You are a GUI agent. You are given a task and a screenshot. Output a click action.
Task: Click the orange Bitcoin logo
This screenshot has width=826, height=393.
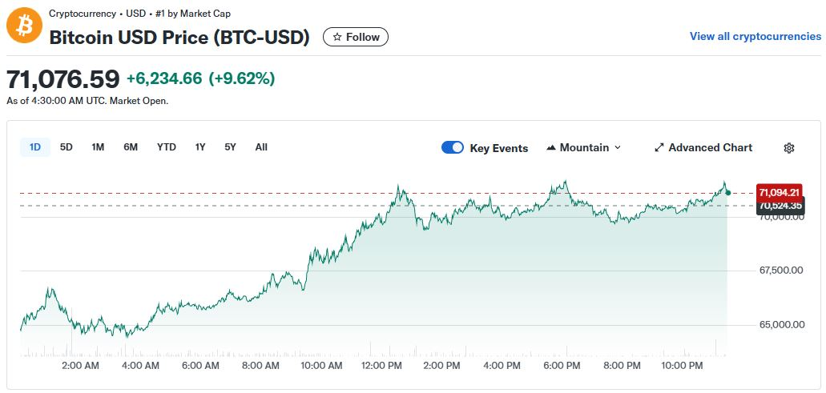pos(24,26)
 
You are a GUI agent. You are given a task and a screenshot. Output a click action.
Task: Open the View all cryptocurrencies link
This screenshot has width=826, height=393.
pos(755,36)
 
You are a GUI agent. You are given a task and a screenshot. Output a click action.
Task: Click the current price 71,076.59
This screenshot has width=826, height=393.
pos(63,78)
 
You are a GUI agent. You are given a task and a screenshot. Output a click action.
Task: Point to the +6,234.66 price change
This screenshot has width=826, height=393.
pos(164,78)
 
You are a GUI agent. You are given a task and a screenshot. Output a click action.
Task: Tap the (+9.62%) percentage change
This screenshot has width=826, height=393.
pos(241,78)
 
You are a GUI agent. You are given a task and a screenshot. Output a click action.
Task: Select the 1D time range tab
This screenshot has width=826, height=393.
pos(35,147)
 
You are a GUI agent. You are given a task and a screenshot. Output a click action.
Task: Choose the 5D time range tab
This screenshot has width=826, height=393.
pos(66,147)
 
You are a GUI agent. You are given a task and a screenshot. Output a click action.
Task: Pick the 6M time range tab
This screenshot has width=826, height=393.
pos(131,147)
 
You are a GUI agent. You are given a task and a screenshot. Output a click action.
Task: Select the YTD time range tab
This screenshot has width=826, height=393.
pos(166,147)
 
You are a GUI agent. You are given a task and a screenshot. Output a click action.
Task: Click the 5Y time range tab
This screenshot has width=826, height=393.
pos(231,147)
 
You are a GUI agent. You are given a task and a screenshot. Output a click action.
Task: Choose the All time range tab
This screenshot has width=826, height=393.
pos(261,147)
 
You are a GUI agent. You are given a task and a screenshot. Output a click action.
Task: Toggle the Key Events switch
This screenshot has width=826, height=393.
pos(453,147)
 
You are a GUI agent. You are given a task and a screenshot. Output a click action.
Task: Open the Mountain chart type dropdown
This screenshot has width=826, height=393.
pos(583,147)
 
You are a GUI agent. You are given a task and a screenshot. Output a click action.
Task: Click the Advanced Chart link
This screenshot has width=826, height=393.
pos(703,147)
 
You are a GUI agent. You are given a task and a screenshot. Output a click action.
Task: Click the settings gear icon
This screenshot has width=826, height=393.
pos(789,148)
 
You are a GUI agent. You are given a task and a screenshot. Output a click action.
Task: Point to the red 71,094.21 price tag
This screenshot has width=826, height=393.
pos(779,192)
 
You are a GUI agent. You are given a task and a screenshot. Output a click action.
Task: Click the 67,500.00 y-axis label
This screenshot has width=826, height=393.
pos(780,271)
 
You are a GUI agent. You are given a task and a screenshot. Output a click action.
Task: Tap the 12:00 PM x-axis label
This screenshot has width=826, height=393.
pos(381,366)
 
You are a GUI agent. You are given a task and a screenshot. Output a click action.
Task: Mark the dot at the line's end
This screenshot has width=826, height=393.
pos(727,192)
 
